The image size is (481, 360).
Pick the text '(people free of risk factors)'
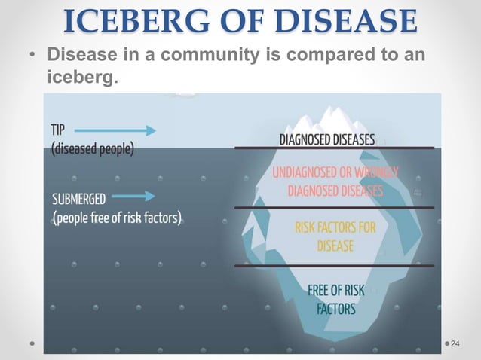[x=117, y=218]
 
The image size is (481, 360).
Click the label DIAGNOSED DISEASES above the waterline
[x=327, y=139]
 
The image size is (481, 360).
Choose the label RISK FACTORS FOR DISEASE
[x=335, y=234]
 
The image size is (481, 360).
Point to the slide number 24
[x=455, y=343]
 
